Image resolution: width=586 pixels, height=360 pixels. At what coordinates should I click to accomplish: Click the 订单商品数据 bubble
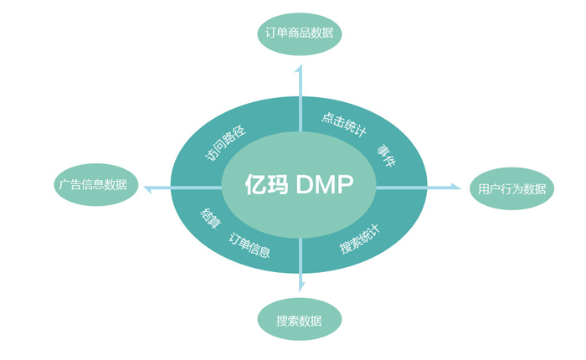pos(299,33)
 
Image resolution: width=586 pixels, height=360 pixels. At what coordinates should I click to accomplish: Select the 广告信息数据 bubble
pos(93,184)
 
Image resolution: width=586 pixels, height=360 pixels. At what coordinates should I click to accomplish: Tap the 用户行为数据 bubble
pos(511,188)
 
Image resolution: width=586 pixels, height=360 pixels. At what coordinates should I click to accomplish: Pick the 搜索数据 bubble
pos(299,321)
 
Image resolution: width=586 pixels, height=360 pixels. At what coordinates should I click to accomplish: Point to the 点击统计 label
pos(344,122)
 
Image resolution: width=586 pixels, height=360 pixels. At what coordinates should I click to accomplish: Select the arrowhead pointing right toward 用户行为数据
pos(455,187)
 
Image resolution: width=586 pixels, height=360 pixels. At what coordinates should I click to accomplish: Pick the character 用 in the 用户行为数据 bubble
pos(483,189)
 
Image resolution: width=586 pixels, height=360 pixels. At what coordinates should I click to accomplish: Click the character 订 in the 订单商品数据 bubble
pos(270,33)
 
